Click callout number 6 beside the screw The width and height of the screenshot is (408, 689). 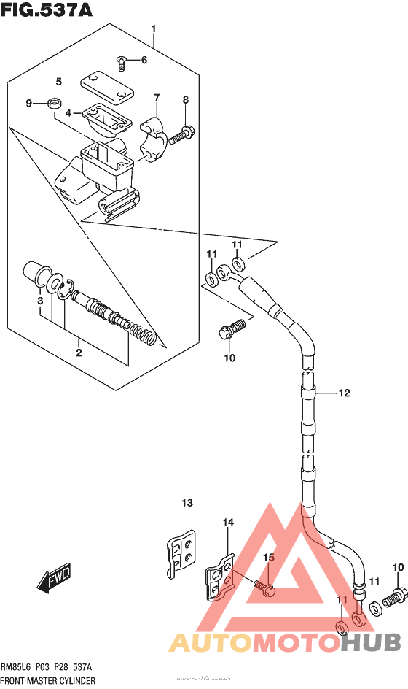tap(144, 60)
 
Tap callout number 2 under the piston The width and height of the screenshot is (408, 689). tap(78, 353)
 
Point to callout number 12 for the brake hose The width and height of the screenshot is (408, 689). tap(343, 393)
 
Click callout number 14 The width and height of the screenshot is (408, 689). tap(228, 522)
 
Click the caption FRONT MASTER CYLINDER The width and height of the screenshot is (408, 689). tap(48, 680)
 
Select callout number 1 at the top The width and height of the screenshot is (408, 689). tap(154, 30)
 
